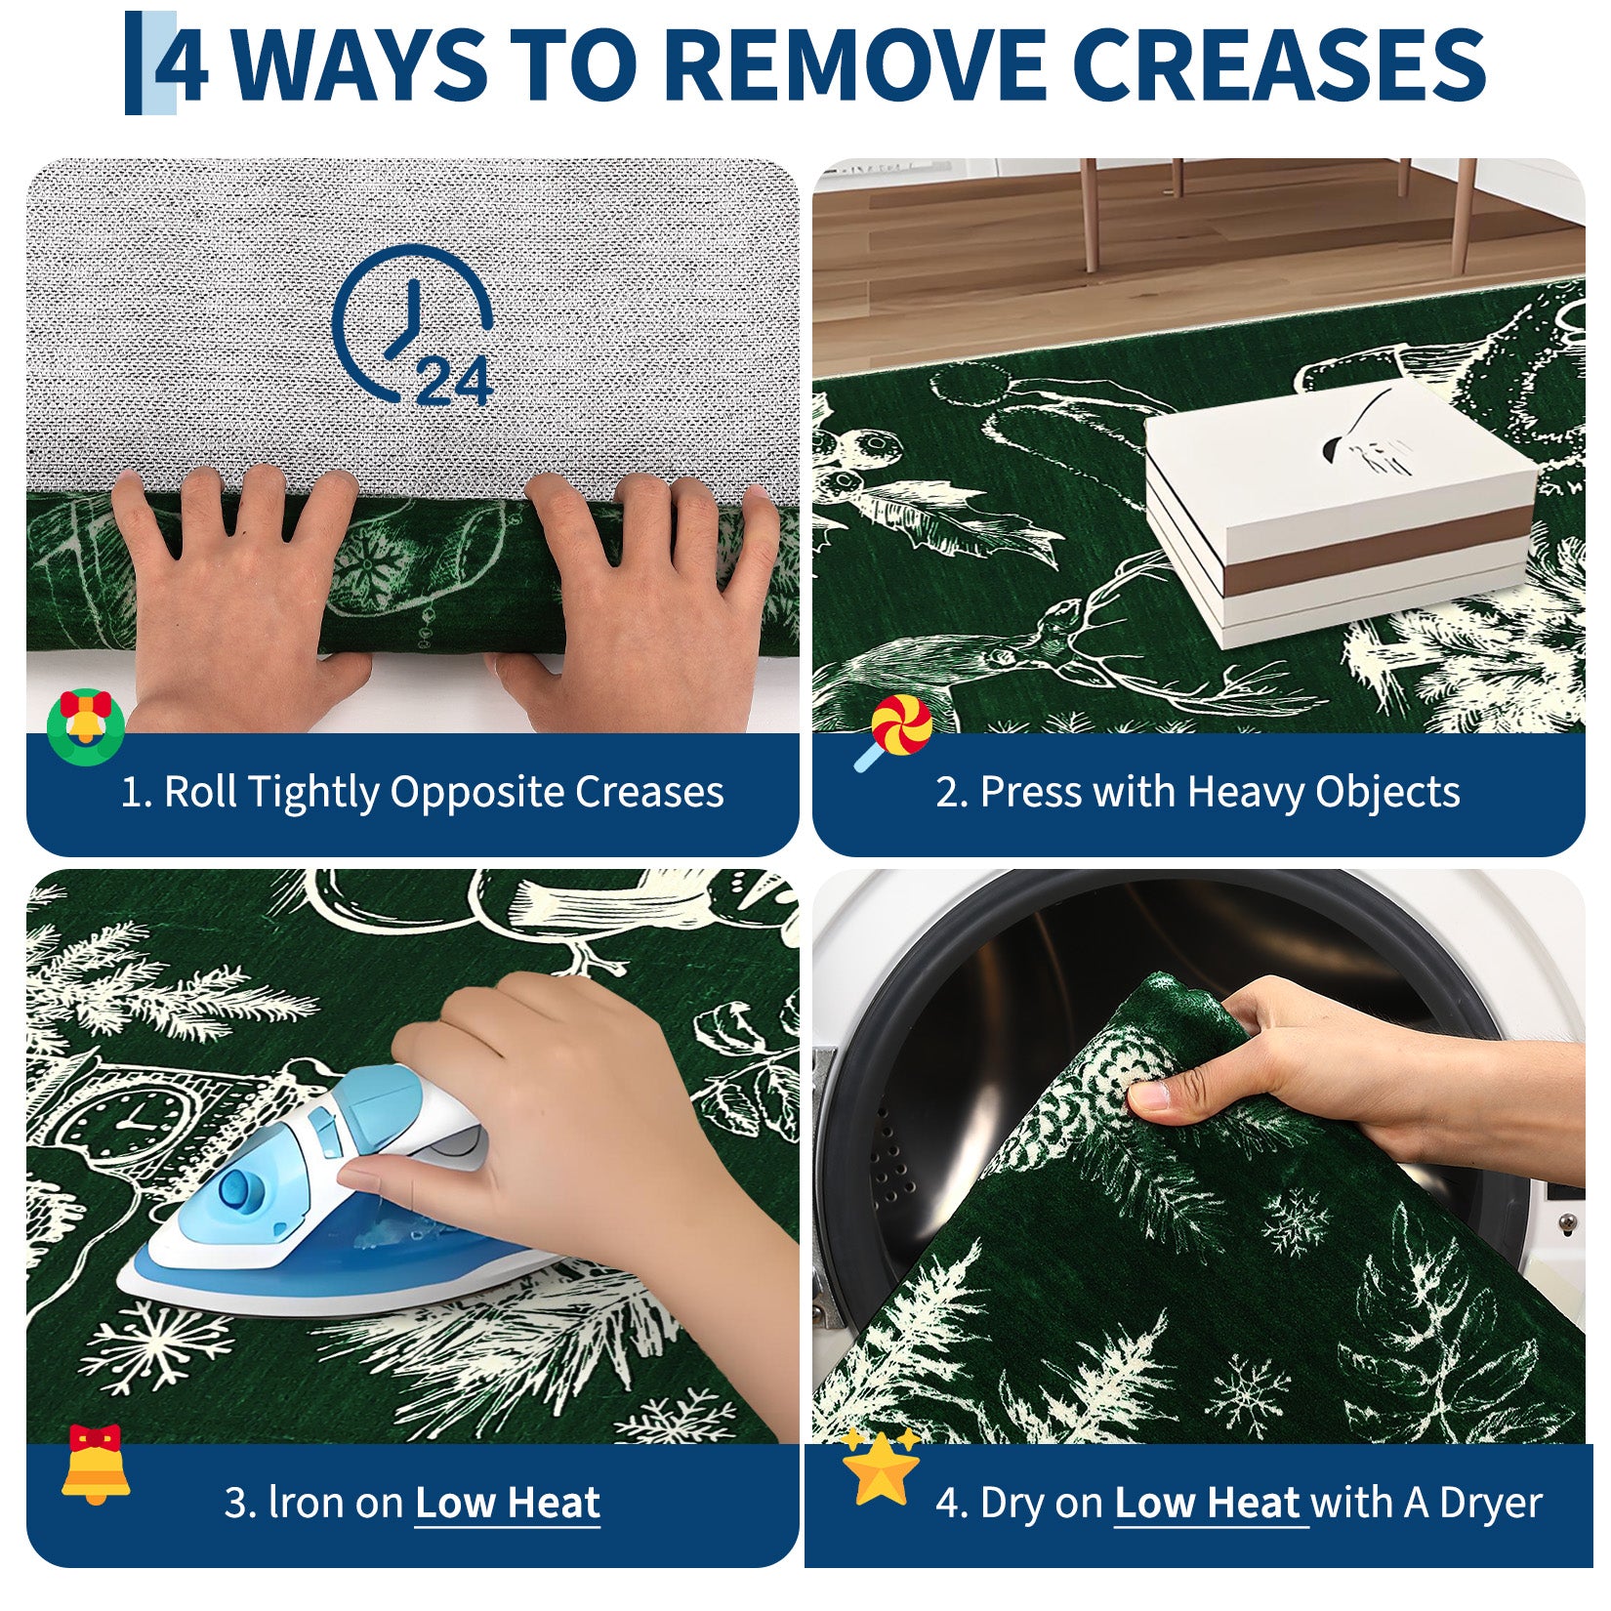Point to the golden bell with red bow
tap(95, 1465)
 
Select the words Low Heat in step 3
tap(508, 1503)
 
